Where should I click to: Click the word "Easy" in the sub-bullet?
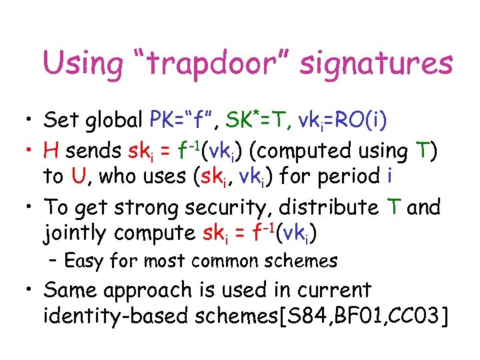[83, 261]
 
